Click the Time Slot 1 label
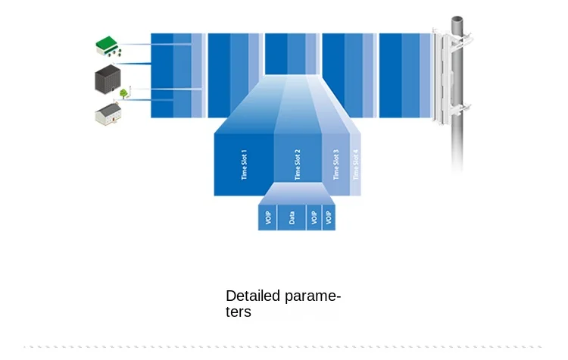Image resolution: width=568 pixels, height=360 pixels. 244,164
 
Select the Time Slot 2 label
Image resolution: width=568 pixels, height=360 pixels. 298,164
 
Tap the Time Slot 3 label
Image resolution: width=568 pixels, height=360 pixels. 336,163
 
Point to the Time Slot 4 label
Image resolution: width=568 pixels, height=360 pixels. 356,163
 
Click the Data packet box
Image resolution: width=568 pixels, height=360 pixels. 291,218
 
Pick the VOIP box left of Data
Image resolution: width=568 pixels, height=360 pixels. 267,218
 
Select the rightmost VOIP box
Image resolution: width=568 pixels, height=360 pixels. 329,218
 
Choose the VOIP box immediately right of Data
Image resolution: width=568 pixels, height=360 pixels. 314,218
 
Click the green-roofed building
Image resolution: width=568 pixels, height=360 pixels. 108,47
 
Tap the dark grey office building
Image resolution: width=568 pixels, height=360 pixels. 108,80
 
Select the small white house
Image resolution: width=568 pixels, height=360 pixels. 108,114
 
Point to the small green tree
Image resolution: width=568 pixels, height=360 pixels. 123,93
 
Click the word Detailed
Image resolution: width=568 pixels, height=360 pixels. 253,296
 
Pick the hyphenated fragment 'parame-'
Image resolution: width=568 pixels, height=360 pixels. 313,296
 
